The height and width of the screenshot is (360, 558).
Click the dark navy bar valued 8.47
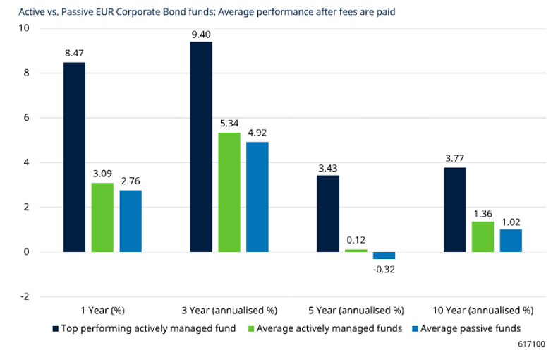[74, 157]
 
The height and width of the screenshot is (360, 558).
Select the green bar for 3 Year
[229, 192]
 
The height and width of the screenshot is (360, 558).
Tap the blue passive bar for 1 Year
[131, 221]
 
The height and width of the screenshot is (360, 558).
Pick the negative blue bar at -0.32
[384, 256]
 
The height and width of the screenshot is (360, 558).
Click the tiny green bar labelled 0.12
[356, 251]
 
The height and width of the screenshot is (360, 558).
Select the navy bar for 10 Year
[454, 210]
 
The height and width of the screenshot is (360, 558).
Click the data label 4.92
[257, 133]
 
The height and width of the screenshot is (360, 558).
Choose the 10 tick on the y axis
[25, 28]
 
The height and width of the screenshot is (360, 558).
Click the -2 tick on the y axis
[25, 296]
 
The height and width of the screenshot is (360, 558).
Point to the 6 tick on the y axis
[25, 118]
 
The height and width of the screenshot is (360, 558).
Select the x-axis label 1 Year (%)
[103, 310]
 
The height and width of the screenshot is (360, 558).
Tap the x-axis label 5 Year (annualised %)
[356, 310]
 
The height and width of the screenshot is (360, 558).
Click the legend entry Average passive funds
[471, 328]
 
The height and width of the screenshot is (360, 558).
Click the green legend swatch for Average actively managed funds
[252, 328]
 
